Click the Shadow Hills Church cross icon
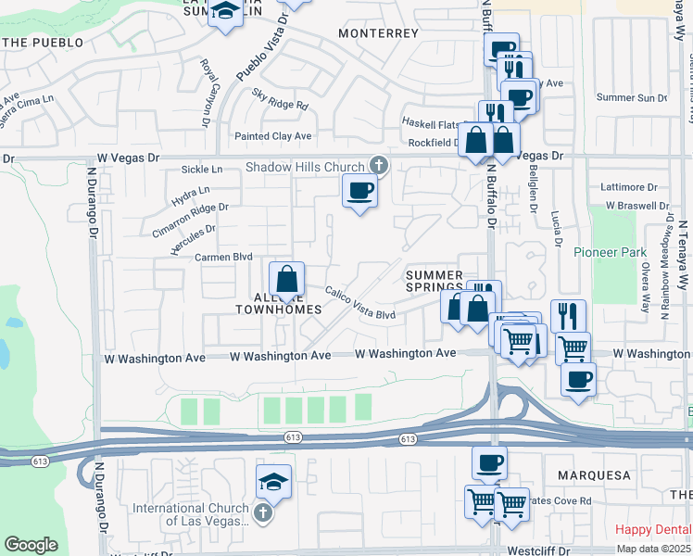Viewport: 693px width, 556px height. click(377, 166)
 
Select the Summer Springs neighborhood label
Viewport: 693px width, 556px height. click(434, 281)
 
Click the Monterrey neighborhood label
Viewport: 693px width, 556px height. click(379, 32)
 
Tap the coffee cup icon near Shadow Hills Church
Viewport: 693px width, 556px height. click(359, 192)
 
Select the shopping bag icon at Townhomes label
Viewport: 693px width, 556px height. click(286, 278)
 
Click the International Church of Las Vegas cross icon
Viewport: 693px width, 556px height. click(263, 512)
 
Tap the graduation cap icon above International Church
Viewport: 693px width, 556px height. click(273, 482)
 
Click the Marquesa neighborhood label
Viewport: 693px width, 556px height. click(594, 475)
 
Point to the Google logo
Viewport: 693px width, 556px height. click(31, 545)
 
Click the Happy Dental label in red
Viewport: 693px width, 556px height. click(652, 529)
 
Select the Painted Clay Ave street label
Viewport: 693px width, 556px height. click(272, 136)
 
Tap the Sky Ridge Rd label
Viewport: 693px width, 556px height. click(280, 99)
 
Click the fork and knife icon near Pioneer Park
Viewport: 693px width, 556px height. click(568, 316)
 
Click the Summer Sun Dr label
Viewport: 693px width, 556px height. click(632, 97)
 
